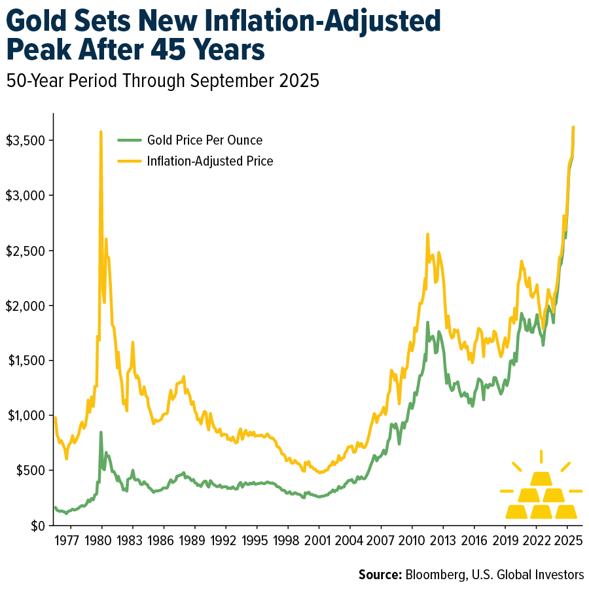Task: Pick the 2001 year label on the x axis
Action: coord(318,543)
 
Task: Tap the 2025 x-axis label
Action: coord(567,543)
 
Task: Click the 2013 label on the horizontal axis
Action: coord(442,543)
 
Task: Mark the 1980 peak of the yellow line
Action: coord(101,132)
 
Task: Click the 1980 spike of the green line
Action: coord(101,433)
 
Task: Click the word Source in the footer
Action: coord(379,575)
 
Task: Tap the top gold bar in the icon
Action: coord(541,479)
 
